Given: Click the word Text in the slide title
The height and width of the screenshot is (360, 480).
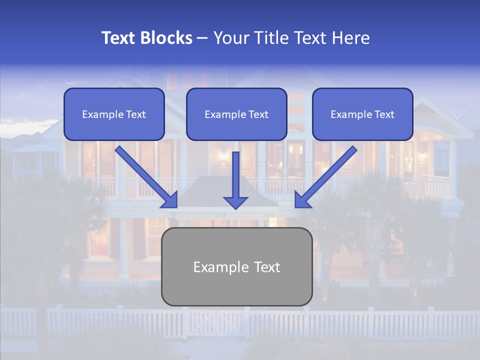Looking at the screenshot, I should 120,38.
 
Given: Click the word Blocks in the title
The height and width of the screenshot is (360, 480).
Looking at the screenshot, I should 167,38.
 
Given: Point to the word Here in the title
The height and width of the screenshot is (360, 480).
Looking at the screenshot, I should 352,38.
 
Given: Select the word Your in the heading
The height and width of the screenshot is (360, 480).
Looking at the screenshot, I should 231,38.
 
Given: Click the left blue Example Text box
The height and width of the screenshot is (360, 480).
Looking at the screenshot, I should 114,114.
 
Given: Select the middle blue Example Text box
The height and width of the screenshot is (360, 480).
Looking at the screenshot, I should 236,114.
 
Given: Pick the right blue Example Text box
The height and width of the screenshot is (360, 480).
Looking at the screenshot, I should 362,114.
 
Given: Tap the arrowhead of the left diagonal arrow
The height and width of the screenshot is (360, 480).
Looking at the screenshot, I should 170,200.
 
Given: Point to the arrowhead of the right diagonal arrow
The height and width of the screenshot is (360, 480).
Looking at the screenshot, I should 302,200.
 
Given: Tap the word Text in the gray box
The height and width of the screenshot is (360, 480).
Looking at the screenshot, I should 266,267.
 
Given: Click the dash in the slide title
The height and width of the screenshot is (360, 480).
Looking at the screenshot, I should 203,38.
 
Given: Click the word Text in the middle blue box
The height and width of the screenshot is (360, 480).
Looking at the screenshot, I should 258,114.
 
